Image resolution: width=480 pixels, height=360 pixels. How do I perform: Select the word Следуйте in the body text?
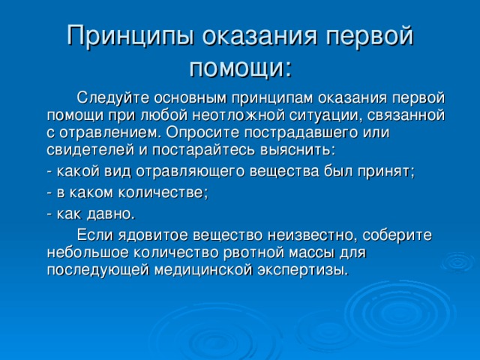pyautogui.click(x=113, y=98)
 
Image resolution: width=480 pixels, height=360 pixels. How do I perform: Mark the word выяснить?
pyautogui.click(x=298, y=150)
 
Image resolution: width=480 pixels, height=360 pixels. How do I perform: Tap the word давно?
pyautogui.click(x=111, y=214)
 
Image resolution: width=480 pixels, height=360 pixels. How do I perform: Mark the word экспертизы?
pyautogui.click(x=303, y=271)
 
